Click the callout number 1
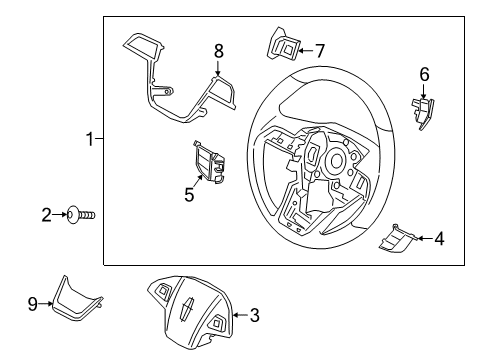[89, 139]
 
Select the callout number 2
[46, 213]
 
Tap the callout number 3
[254, 317]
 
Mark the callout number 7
[320, 47]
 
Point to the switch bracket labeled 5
[208, 162]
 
